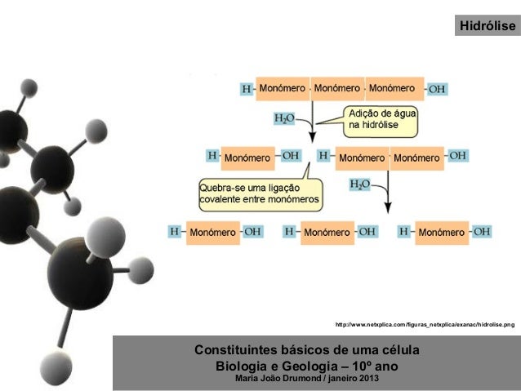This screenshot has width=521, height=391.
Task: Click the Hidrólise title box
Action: click(487, 27)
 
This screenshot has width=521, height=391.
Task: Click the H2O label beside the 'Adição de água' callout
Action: click(283, 119)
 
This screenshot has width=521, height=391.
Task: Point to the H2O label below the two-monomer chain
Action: click(359, 184)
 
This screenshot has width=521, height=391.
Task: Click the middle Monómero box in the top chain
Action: click(336, 87)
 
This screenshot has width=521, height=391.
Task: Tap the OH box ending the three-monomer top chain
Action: click(436, 88)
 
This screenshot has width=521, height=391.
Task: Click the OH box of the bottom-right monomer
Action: click(482, 232)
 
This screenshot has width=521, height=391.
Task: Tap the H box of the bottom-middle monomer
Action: click(288, 232)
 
